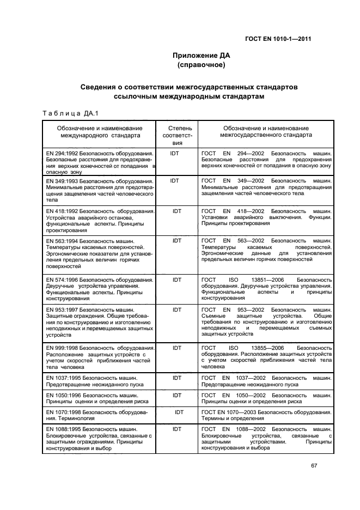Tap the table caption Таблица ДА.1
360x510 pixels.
tap(70, 113)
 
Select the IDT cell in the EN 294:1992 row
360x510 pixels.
tap(175, 154)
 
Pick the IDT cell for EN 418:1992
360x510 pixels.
tap(177, 210)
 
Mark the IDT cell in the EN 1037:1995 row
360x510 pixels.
tap(177, 378)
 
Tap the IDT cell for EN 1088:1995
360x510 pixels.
tap(177, 429)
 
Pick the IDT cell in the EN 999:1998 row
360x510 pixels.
tap(177, 347)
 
